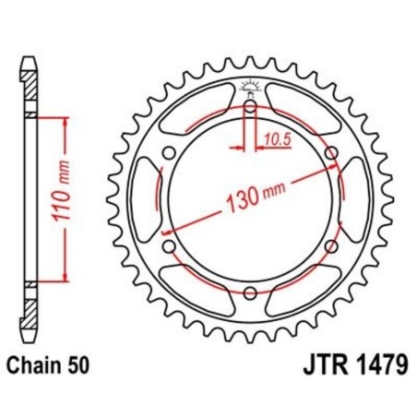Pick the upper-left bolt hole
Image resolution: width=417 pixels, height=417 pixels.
point(169,154)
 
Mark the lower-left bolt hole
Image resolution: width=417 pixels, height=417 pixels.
point(169,246)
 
